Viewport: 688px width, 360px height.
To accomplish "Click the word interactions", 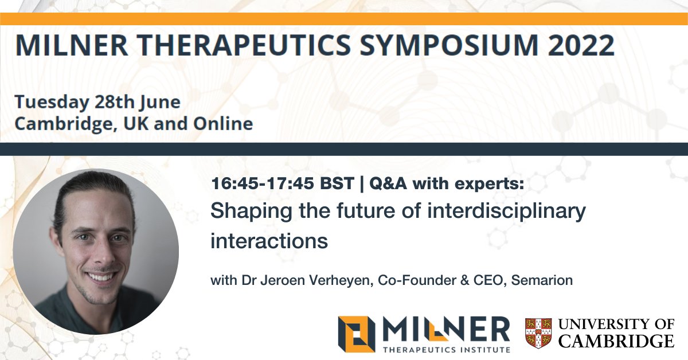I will coord(269,241).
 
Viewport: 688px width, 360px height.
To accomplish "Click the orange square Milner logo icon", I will coord(357,334).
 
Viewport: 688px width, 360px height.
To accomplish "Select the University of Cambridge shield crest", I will coord(538,333).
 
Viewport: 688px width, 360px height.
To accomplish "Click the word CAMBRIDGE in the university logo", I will coord(616,342).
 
